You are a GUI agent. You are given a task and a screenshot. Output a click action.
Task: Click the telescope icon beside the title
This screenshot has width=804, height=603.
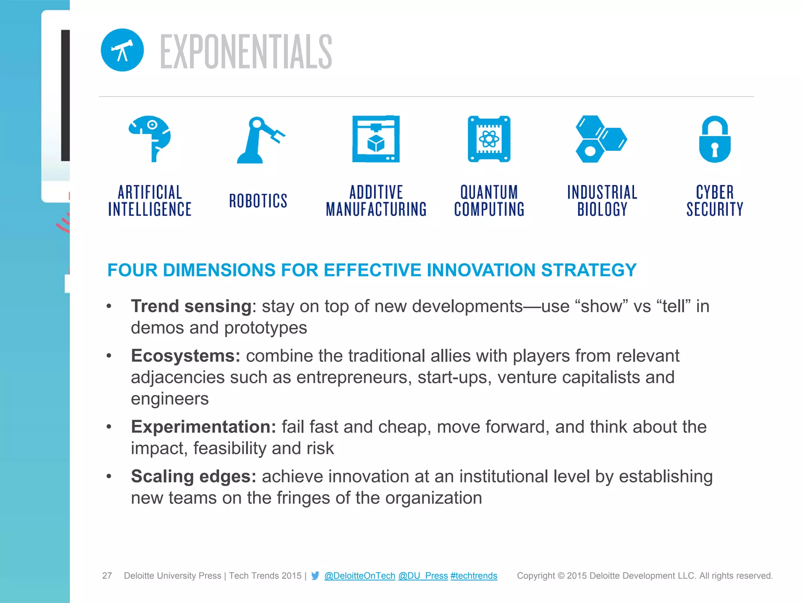point(122,50)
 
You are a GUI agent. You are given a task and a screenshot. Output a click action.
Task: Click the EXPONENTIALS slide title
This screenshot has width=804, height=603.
point(246,51)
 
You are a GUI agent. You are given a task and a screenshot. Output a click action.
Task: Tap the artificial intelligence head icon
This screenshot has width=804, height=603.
point(150,138)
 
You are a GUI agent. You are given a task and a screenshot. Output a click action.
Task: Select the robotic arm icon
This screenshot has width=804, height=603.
point(259,140)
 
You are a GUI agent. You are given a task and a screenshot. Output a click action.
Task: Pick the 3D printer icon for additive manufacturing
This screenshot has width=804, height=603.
point(376,139)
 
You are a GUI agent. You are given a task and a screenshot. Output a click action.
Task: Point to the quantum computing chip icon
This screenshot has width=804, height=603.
point(489,139)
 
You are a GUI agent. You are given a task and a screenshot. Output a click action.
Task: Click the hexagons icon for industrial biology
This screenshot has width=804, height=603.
point(601,139)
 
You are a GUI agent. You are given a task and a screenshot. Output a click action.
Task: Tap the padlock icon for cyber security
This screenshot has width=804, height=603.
point(714,139)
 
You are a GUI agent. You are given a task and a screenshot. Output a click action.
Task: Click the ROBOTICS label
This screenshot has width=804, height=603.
point(258,201)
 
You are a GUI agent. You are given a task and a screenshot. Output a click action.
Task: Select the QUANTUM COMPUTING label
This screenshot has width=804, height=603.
point(489,201)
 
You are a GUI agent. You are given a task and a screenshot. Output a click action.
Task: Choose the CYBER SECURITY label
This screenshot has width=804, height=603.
point(714,201)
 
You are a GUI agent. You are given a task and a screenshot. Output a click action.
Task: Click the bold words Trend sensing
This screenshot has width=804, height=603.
point(191,306)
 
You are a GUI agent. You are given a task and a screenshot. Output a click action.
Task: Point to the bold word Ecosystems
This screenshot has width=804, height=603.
point(185,356)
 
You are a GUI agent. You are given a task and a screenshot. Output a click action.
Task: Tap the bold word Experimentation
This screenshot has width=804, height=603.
point(203,427)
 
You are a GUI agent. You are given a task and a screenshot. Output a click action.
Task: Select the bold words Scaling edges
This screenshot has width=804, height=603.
point(194,477)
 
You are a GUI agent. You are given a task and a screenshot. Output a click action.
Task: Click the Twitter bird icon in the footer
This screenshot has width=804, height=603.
point(315,576)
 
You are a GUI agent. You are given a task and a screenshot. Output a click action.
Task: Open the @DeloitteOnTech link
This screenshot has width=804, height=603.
point(360,576)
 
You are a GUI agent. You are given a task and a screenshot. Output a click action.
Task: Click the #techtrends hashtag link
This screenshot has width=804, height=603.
point(474,576)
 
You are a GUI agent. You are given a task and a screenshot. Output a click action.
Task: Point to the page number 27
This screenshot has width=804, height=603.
point(107,576)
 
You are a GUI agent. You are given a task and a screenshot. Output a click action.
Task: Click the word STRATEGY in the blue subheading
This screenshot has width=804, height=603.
point(588,270)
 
